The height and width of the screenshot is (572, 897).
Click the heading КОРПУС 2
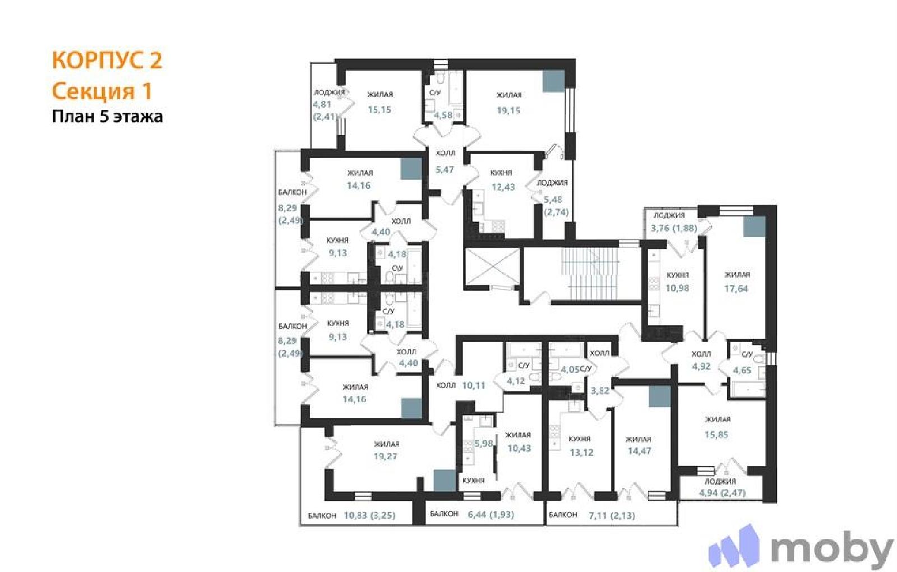click(107, 61)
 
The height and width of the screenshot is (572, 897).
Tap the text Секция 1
click(102, 91)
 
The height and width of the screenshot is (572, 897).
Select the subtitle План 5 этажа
click(107, 117)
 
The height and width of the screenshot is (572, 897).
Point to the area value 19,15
click(508, 110)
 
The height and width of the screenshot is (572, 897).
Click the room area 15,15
click(379, 109)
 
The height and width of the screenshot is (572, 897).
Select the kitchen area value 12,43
click(503, 187)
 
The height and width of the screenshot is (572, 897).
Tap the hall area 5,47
click(445, 169)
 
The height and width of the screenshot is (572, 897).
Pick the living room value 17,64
click(736, 288)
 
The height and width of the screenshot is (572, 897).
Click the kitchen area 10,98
click(678, 288)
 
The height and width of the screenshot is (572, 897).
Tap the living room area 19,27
click(385, 456)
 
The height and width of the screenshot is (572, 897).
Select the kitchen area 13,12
click(581, 453)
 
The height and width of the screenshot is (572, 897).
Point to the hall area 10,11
click(474, 385)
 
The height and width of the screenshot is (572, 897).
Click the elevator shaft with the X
click(491, 267)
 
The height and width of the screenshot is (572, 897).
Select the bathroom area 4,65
click(742, 370)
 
